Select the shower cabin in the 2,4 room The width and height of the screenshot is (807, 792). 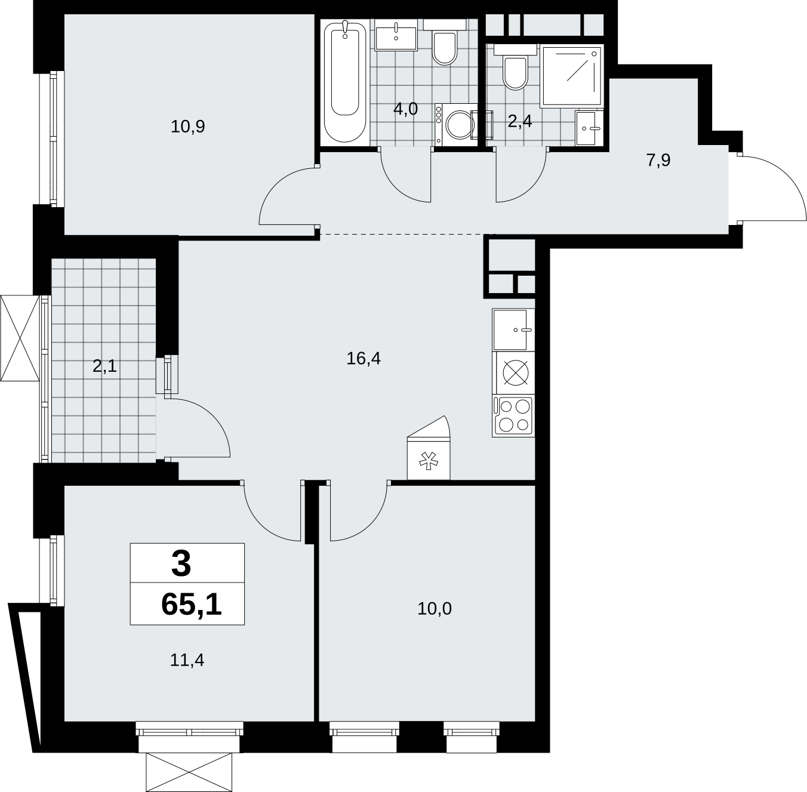click(x=572, y=76)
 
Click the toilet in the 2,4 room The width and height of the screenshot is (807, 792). click(x=515, y=67)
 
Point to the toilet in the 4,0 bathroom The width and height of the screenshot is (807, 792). click(x=444, y=43)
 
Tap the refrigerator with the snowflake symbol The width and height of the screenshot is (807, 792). click(x=429, y=448)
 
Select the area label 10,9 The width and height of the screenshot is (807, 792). click(x=187, y=127)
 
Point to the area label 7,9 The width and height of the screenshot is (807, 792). click(x=658, y=161)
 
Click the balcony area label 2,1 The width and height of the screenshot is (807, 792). click(x=104, y=367)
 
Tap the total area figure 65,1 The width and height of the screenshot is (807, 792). click(x=192, y=605)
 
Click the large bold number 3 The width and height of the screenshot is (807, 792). click(x=181, y=564)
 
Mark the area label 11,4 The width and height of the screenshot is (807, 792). click(x=187, y=661)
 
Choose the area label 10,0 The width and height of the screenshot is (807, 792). click(x=435, y=609)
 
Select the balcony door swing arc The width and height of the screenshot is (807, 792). click(x=215, y=418)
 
